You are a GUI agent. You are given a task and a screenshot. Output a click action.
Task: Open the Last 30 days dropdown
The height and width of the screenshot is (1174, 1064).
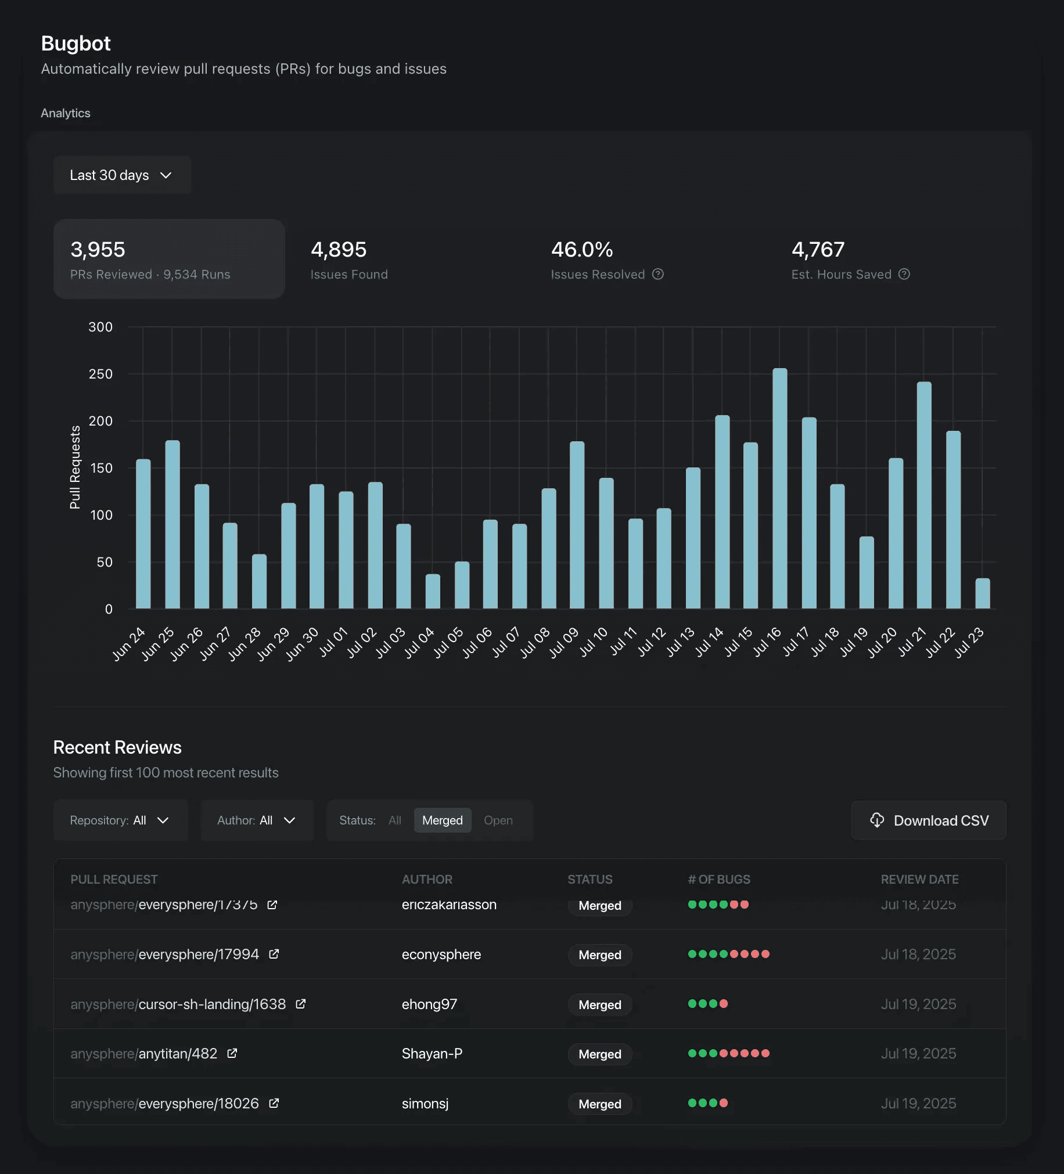(x=122, y=175)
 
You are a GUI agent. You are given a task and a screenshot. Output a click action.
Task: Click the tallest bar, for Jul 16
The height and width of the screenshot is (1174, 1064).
(x=779, y=489)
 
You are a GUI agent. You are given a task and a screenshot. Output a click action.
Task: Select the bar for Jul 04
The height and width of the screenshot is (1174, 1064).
(x=432, y=592)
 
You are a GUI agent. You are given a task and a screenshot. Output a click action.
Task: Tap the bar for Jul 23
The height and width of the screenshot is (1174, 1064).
(x=982, y=593)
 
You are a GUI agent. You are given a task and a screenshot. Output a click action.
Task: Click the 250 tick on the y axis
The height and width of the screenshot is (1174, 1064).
(x=100, y=374)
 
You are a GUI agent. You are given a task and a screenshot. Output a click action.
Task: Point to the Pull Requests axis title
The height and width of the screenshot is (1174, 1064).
(x=75, y=467)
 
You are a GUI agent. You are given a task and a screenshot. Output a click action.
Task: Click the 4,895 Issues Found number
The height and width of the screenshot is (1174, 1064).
(x=339, y=250)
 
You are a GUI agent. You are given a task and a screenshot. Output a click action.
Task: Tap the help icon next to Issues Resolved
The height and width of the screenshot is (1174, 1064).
(x=657, y=274)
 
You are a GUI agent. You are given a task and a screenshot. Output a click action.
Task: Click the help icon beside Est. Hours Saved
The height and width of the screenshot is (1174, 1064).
(x=904, y=274)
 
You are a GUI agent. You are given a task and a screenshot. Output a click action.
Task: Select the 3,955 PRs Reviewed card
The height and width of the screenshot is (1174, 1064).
(x=169, y=259)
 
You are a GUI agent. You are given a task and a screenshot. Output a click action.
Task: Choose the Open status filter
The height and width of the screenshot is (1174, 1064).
(x=498, y=820)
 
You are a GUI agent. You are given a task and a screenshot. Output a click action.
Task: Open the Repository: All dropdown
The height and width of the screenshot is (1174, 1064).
(x=121, y=820)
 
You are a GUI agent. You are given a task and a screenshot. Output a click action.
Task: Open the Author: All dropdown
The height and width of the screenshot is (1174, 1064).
(x=257, y=820)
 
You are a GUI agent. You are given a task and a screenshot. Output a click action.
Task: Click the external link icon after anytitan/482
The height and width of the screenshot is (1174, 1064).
(x=232, y=1053)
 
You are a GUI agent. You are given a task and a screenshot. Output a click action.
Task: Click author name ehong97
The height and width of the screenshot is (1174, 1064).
(x=429, y=1004)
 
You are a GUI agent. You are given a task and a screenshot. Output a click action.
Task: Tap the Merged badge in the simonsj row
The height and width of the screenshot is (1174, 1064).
(x=599, y=1104)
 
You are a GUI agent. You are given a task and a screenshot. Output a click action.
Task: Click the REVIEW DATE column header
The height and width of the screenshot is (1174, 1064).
(x=919, y=879)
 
